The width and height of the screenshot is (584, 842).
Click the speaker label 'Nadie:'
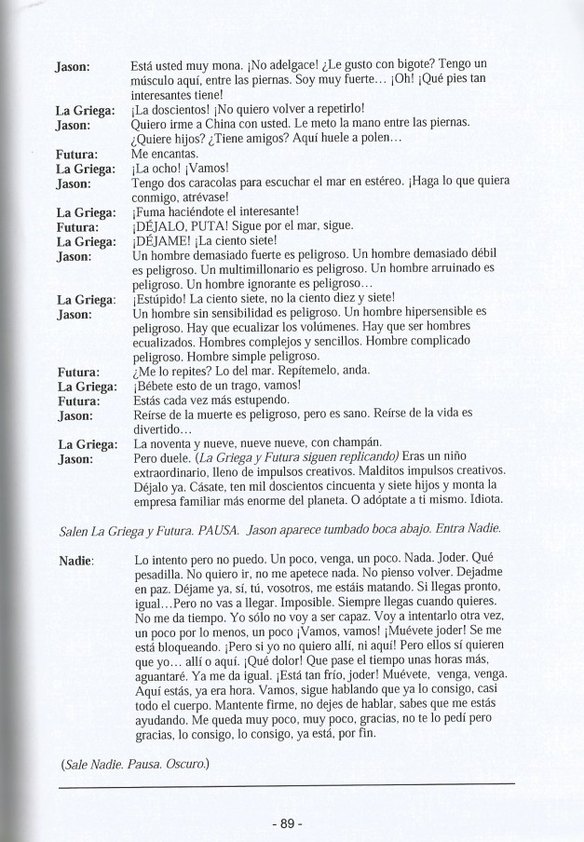74,561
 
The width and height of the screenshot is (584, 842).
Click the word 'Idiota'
480,502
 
